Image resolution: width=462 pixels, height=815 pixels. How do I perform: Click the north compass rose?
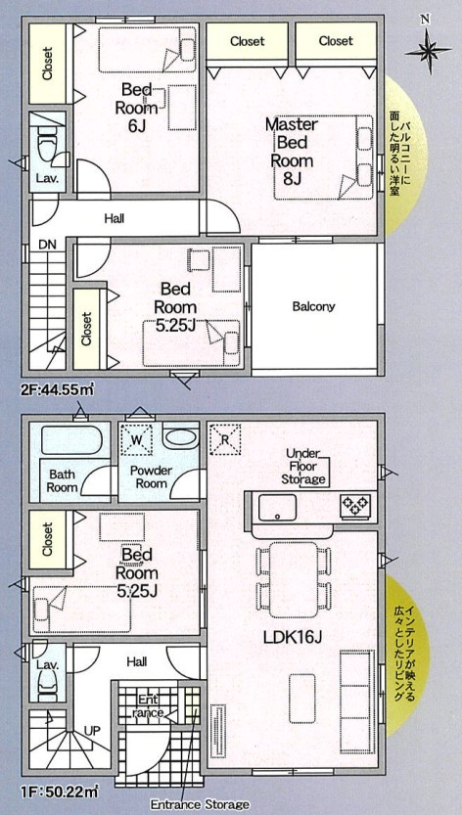(x=427, y=51)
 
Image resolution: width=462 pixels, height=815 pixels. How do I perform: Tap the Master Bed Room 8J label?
(x=292, y=152)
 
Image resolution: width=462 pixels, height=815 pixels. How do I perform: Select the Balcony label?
(x=313, y=306)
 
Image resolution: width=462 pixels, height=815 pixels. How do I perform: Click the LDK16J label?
(x=292, y=637)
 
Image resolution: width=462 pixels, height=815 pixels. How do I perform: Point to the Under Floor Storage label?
(x=304, y=466)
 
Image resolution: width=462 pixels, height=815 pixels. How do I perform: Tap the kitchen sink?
(x=278, y=507)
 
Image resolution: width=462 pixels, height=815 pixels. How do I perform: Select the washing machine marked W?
(x=136, y=439)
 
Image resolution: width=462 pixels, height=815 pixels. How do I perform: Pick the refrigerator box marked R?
(x=224, y=439)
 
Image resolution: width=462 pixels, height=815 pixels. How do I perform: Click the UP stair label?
(x=92, y=731)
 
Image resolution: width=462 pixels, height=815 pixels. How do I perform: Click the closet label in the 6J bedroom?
(x=48, y=64)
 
